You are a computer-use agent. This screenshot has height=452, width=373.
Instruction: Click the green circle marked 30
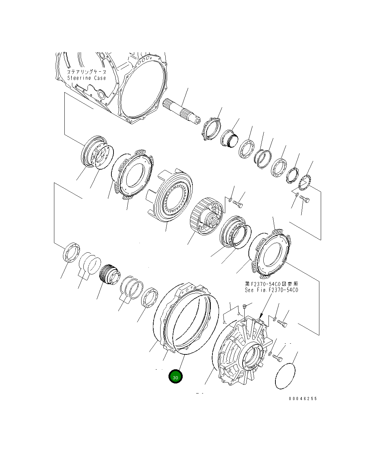tap(175, 377)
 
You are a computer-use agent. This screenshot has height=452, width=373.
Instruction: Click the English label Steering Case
tap(87, 78)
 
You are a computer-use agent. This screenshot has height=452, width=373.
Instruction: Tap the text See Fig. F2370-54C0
tap(271, 290)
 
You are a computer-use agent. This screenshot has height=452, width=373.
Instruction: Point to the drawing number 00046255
tap(303, 398)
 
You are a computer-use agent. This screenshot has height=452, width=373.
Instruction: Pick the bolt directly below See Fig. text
tap(282, 324)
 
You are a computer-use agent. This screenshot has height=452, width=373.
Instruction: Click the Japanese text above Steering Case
tap(87, 72)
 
